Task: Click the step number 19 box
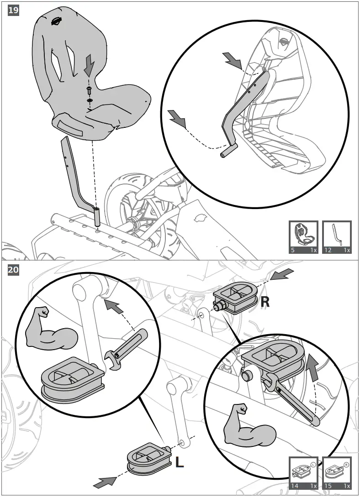tap(13, 10)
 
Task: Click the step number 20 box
tap(13, 270)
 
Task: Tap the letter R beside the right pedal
tap(265, 302)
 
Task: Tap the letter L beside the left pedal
tap(180, 462)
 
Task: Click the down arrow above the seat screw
tap(90, 65)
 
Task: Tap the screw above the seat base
tap(89, 91)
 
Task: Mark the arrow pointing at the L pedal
tap(105, 482)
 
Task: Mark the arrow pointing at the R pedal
tap(282, 274)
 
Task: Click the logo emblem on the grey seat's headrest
tap(56, 21)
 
